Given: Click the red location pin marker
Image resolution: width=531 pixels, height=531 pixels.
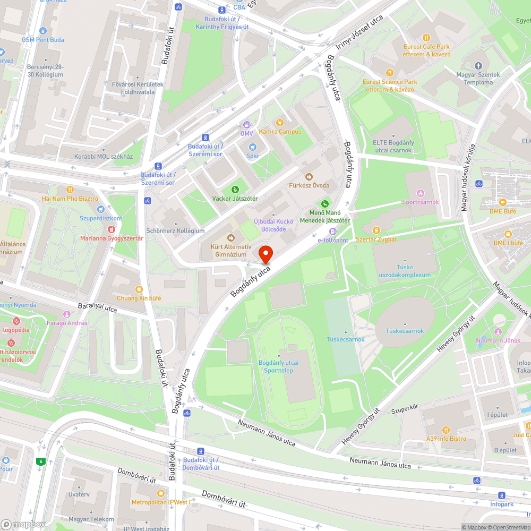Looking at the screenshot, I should [265, 254].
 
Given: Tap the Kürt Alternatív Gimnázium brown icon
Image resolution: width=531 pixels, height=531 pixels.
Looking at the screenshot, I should [230, 237].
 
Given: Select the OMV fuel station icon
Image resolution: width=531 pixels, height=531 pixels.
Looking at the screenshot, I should [246, 124].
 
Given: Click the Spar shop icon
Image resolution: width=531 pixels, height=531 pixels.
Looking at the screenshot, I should [253, 147].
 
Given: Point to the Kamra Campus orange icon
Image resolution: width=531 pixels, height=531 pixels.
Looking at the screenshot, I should [280, 123].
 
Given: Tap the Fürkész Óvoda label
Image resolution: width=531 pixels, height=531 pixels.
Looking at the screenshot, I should [309, 185].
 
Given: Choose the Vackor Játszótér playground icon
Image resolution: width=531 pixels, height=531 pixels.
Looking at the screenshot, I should [235, 190].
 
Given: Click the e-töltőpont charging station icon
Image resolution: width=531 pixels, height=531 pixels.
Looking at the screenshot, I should [333, 231].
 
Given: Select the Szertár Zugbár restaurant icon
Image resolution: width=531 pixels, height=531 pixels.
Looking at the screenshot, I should [376, 230].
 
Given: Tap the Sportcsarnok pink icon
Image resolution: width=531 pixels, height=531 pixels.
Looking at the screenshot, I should [421, 193].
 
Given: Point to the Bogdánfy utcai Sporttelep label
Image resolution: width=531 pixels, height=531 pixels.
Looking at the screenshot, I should [279, 366].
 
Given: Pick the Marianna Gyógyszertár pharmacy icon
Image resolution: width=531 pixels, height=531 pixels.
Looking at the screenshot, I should [112, 229].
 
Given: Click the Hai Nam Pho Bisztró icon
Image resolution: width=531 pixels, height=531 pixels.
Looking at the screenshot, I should [70, 190].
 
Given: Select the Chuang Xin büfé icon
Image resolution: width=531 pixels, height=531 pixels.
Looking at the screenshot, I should [139, 289].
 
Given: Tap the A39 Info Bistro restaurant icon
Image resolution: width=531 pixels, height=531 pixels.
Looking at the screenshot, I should [446, 430].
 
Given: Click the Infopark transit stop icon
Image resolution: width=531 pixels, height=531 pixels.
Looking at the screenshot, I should [502, 495].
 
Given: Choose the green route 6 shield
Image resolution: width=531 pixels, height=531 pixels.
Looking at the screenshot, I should [40, 461].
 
